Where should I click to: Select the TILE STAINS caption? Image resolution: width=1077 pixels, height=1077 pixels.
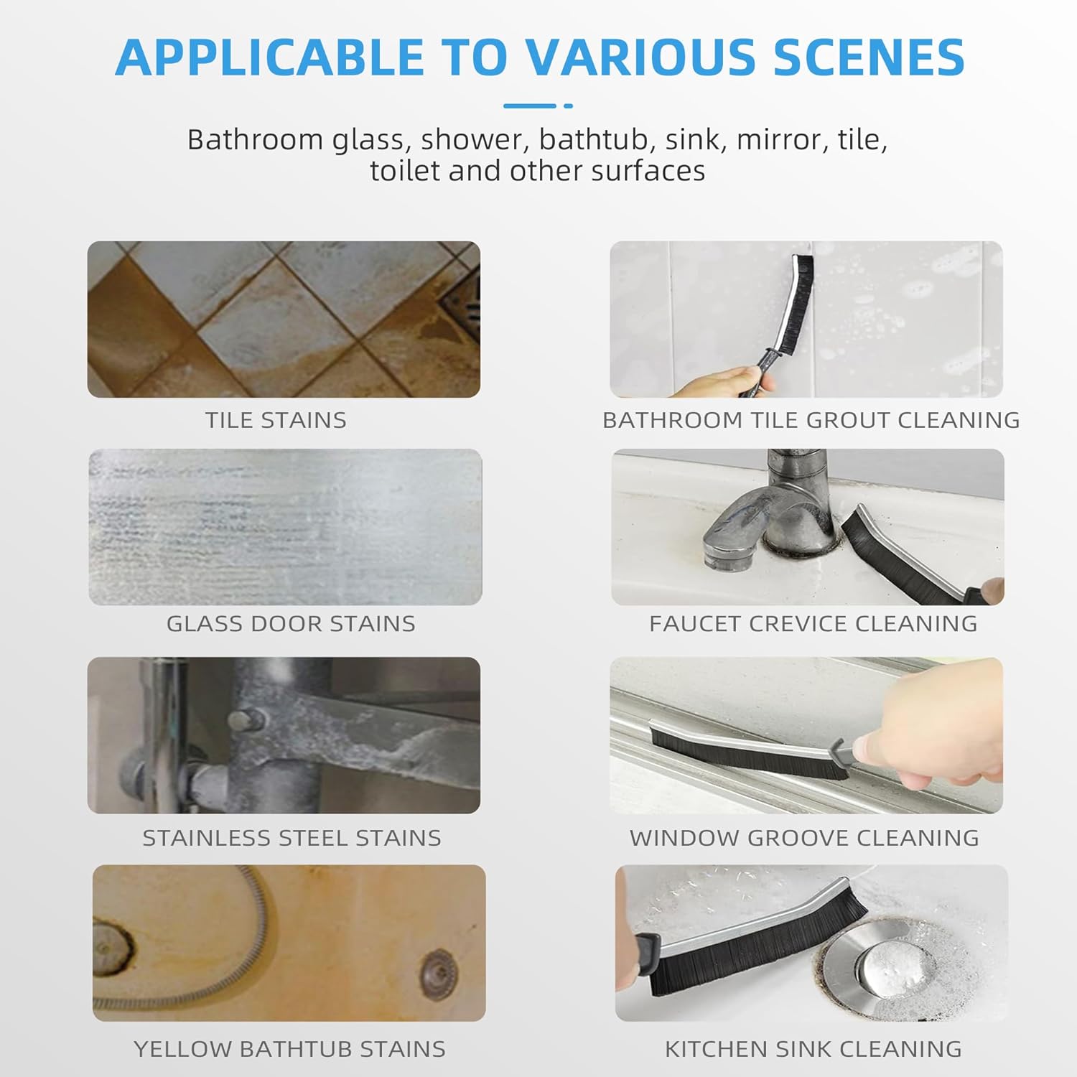[276, 420]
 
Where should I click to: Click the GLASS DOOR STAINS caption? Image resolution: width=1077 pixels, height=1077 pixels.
[291, 623]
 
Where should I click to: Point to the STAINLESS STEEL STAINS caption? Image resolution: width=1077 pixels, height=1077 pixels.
[292, 837]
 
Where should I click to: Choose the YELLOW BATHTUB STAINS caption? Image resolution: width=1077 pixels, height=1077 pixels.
[289, 1049]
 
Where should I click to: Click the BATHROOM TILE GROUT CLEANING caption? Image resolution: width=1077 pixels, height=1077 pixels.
[811, 420]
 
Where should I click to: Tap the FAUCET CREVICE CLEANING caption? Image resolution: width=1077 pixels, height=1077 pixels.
[813, 623]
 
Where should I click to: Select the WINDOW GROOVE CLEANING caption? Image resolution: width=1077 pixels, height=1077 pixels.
[804, 837]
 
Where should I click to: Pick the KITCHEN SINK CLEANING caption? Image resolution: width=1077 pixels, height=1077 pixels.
[813, 1049]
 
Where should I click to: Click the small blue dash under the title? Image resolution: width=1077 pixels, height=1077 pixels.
[568, 106]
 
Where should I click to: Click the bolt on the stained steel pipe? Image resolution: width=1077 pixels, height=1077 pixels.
[240, 719]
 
